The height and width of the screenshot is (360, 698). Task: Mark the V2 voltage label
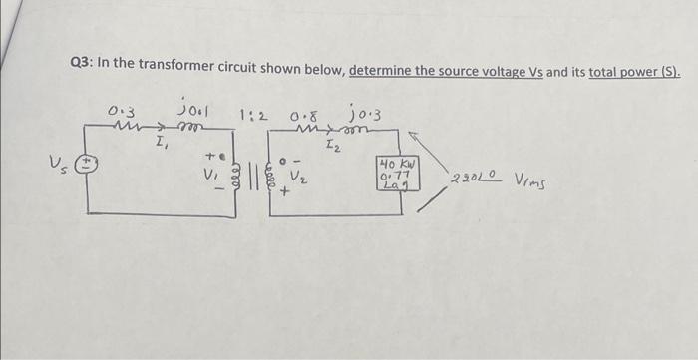[298, 171]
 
